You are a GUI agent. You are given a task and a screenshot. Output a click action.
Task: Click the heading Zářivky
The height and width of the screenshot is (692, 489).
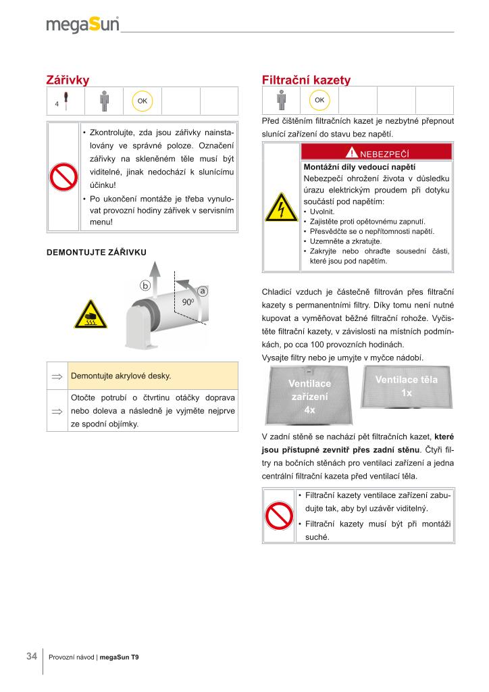click(67, 80)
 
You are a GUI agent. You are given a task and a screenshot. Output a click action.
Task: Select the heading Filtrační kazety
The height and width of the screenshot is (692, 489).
click(306, 80)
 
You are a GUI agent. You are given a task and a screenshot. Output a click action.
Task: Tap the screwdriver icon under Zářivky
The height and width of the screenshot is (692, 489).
click(65, 100)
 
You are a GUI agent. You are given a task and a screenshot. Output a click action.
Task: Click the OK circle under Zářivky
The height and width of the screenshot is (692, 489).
click(143, 101)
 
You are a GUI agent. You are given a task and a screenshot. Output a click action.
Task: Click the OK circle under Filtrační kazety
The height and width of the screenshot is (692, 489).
click(319, 100)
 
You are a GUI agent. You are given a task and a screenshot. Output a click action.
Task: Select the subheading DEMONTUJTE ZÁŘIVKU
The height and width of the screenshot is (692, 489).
click(96, 252)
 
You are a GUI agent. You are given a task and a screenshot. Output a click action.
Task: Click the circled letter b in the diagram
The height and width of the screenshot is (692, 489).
click(145, 285)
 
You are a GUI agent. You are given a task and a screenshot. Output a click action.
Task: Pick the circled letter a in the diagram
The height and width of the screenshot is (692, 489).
click(202, 290)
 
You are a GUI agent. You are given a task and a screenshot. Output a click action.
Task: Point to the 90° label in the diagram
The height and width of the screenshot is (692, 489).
click(188, 301)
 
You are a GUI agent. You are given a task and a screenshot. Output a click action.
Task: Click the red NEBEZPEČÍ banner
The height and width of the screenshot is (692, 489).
click(377, 153)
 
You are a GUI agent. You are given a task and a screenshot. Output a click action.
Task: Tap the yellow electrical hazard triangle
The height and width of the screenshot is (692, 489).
click(282, 208)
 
